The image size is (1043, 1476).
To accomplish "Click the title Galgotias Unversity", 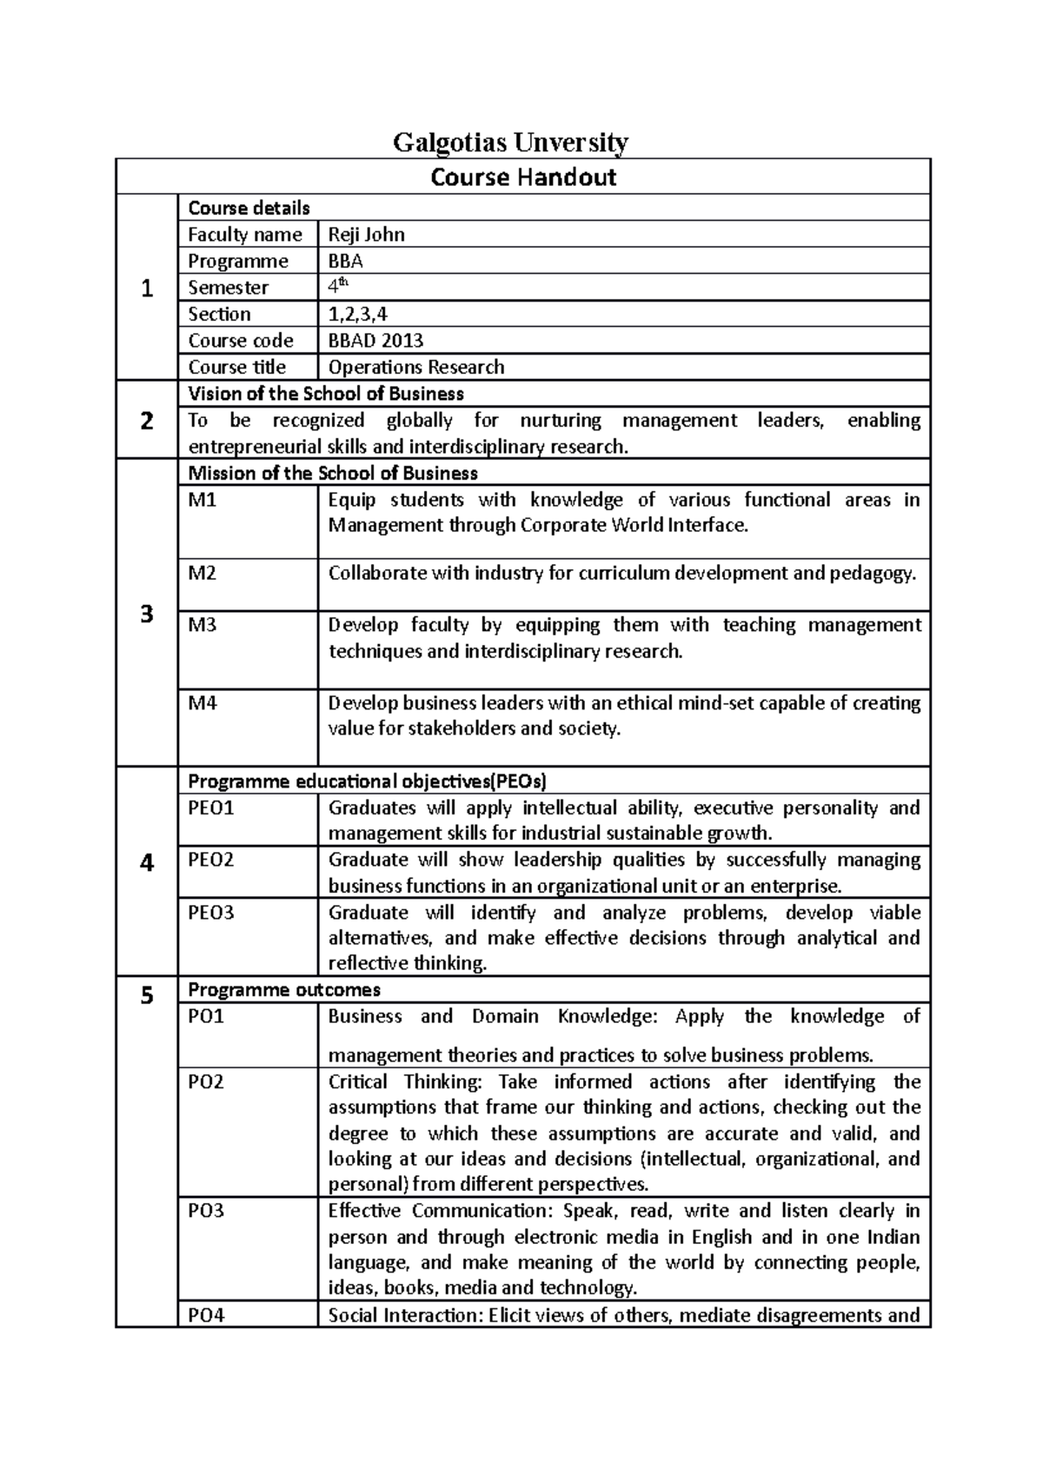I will tap(510, 142).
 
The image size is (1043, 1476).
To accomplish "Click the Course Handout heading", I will tap(523, 177).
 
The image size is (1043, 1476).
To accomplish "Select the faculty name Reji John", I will tap(366, 235).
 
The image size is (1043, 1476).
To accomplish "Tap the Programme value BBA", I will tap(345, 262).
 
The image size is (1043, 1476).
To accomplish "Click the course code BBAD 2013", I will tap(375, 341).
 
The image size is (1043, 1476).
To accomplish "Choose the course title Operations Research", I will tap(415, 367).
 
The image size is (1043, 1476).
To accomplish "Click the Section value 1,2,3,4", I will tap(357, 314).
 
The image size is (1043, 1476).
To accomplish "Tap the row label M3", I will tap(203, 626).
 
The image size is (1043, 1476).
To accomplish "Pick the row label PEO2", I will tap(211, 860).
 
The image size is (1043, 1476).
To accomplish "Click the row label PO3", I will tap(206, 1211).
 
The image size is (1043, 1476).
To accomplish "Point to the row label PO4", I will tap(206, 1315).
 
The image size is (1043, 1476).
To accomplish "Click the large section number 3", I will tap(147, 614).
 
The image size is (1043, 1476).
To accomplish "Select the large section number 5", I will tap(147, 995).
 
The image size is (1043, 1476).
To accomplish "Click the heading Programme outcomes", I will tap(284, 990).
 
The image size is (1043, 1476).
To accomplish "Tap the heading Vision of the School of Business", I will tap(326, 394).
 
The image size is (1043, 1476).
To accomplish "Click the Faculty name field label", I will tap(245, 235).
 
